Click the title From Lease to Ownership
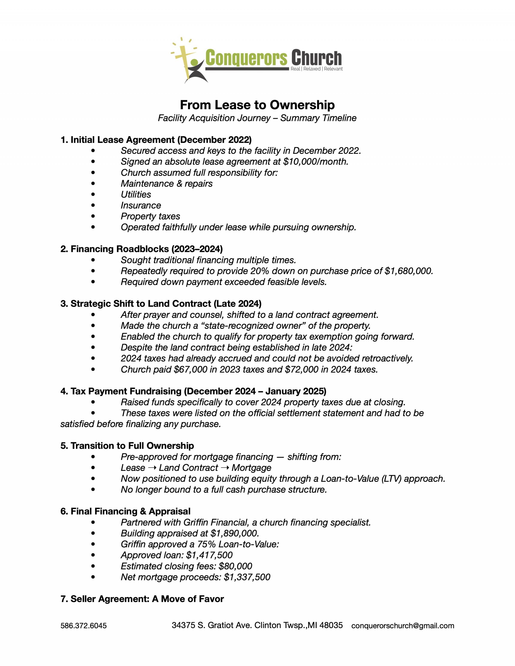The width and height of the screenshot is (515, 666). (257, 105)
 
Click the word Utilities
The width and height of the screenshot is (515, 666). (136, 195)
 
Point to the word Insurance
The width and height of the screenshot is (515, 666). (141, 205)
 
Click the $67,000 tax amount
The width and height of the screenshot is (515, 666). (192, 370)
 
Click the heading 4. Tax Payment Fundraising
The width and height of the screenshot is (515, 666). (193, 391)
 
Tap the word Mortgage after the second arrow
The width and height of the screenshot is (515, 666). (251, 468)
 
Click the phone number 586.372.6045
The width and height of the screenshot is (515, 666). (84, 626)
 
